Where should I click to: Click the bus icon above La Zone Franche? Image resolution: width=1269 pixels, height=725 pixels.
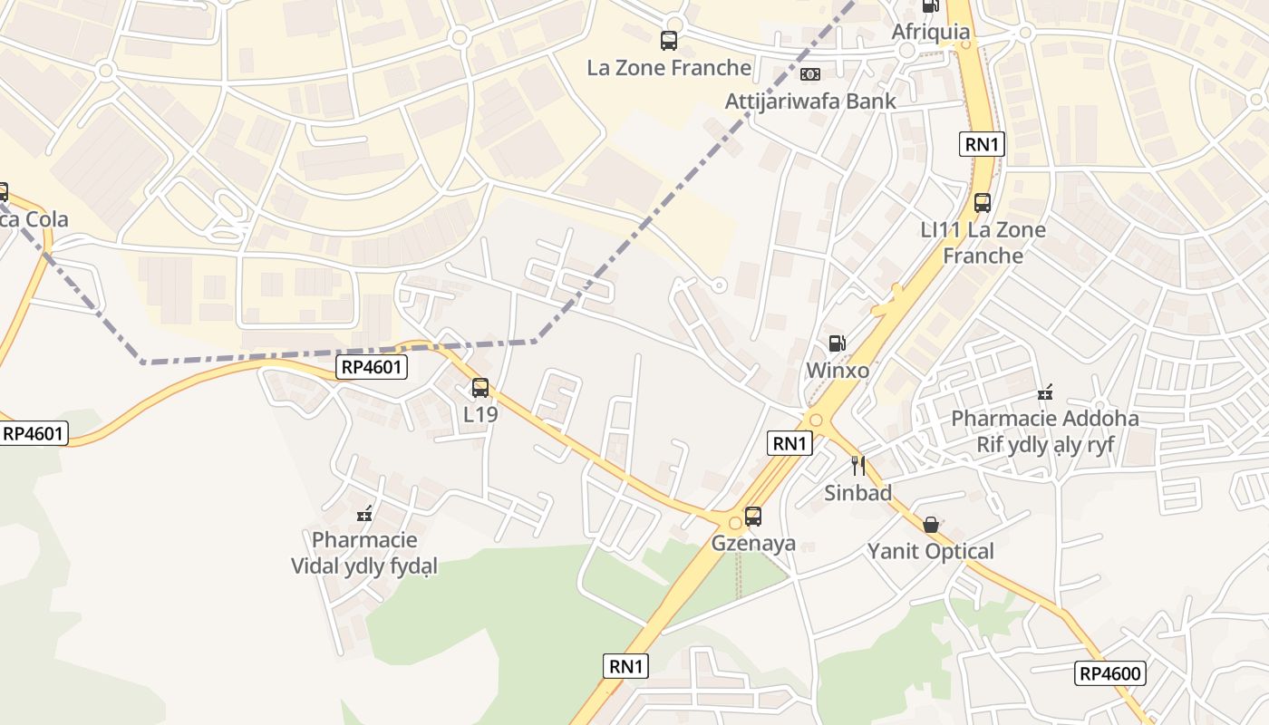669,40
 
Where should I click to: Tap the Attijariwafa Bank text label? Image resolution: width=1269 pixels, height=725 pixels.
810,101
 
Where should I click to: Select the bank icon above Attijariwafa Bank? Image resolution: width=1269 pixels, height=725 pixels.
810,74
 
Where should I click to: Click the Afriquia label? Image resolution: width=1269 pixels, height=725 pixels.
931,33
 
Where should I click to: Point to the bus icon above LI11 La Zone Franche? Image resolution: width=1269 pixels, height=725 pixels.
983,202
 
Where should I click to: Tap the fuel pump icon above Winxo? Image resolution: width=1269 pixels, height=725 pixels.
838,343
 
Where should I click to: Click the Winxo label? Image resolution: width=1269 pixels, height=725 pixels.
838,371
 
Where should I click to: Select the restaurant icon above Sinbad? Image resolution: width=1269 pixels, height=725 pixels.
858,466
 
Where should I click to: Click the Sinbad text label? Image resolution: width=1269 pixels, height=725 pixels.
857,493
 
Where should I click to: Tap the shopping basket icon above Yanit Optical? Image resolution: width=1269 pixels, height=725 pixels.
931,525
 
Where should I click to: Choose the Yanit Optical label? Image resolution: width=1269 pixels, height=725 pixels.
931,551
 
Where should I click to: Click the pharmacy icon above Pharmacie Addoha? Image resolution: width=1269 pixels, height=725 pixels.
1045,392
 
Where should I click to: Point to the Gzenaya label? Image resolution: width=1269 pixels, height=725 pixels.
753,544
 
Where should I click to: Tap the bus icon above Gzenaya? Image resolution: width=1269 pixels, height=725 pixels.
753,517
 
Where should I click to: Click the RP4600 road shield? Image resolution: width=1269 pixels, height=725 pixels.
1110,673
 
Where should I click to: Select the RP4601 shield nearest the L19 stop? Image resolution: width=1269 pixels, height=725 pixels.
372,367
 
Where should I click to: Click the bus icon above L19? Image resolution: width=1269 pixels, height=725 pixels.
480,388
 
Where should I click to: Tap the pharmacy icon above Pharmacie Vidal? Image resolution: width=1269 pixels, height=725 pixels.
364,514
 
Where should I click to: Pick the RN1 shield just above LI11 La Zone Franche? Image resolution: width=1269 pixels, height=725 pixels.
983,144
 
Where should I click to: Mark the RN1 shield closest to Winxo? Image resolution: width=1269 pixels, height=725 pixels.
789,443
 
